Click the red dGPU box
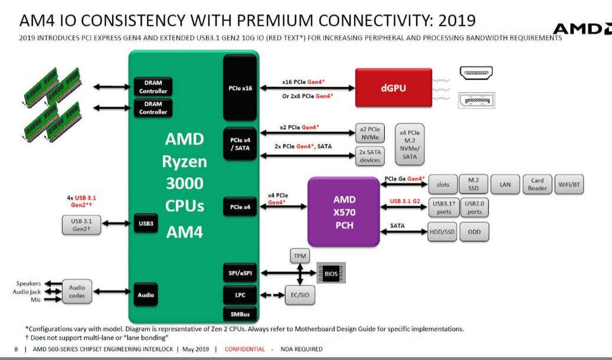(394, 87)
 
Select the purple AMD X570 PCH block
(343, 212)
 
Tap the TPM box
(300, 256)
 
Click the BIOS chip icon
(330, 273)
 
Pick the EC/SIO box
(300, 295)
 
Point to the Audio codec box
(77, 292)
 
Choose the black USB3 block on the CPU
(146, 223)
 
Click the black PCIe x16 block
(240, 88)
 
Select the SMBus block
(240, 314)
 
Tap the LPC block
(240, 295)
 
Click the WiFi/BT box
(569, 184)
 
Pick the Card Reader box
(537, 184)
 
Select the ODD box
(474, 231)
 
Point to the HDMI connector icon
(476, 73)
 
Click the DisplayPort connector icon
(477, 100)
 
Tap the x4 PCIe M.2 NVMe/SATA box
(410, 145)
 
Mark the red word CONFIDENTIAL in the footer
(245, 349)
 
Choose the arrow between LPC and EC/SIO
(272, 295)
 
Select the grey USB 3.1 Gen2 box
(81, 225)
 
